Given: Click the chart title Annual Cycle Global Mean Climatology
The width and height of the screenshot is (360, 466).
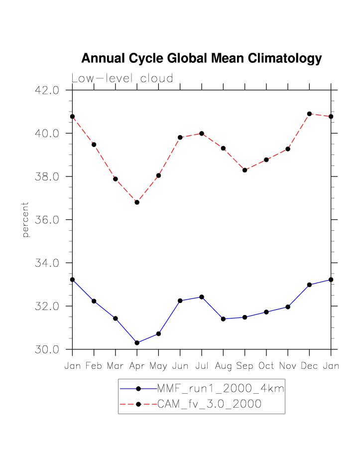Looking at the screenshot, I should [x=201, y=58].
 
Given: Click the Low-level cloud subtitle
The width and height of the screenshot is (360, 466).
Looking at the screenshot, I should [x=122, y=78].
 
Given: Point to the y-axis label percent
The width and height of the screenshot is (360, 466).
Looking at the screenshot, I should [x=26, y=219].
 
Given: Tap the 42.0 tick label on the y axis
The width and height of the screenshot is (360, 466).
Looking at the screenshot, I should [x=47, y=90].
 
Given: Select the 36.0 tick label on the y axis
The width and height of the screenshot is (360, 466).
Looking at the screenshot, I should [x=47, y=220].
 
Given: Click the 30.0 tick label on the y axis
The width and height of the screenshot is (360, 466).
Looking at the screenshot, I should [x=47, y=349].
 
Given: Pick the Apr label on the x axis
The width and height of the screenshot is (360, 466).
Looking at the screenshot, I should [x=137, y=366].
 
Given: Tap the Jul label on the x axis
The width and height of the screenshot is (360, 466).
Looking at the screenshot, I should [x=202, y=366].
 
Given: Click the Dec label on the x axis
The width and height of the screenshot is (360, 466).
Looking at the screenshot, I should [x=309, y=366].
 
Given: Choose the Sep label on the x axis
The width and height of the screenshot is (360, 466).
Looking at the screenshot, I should [x=244, y=366].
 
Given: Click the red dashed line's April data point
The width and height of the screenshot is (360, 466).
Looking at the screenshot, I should [x=137, y=202].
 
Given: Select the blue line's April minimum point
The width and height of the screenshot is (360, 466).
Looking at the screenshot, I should [x=137, y=343].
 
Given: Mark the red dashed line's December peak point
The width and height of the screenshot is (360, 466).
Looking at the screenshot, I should [x=309, y=114].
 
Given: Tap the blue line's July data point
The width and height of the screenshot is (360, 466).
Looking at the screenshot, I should [x=202, y=297].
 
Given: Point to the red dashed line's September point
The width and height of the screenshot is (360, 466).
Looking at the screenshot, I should [x=244, y=170].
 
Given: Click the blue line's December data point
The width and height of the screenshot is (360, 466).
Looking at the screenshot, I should [x=309, y=285].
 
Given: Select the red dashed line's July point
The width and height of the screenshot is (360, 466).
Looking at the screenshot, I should [x=202, y=133].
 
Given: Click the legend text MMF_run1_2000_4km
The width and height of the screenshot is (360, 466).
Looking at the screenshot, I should [x=221, y=389].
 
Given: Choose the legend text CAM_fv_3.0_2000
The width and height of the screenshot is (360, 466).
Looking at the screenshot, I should [x=209, y=404].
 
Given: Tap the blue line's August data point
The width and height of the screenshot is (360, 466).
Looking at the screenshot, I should [x=223, y=319].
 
